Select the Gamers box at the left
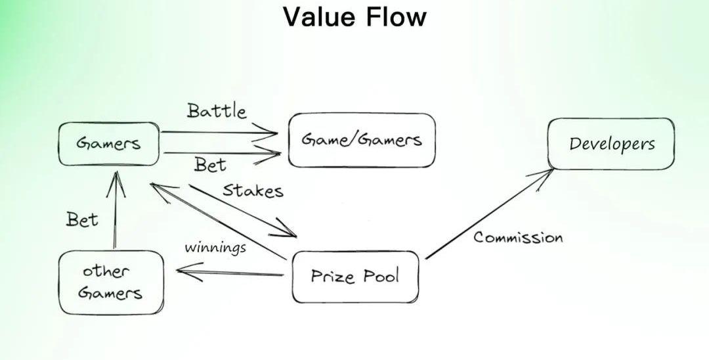click(108, 143)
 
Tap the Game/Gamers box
click(362, 140)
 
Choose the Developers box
click(611, 144)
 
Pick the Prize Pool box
click(355, 277)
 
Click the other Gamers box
click(110, 282)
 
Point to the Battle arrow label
click(217, 111)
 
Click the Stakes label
click(253, 191)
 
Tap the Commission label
click(518, 237)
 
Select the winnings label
click(215, 247)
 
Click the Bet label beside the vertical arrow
click(82, 220)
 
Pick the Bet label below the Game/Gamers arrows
click(210, 165)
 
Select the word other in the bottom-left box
click(106, 271)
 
